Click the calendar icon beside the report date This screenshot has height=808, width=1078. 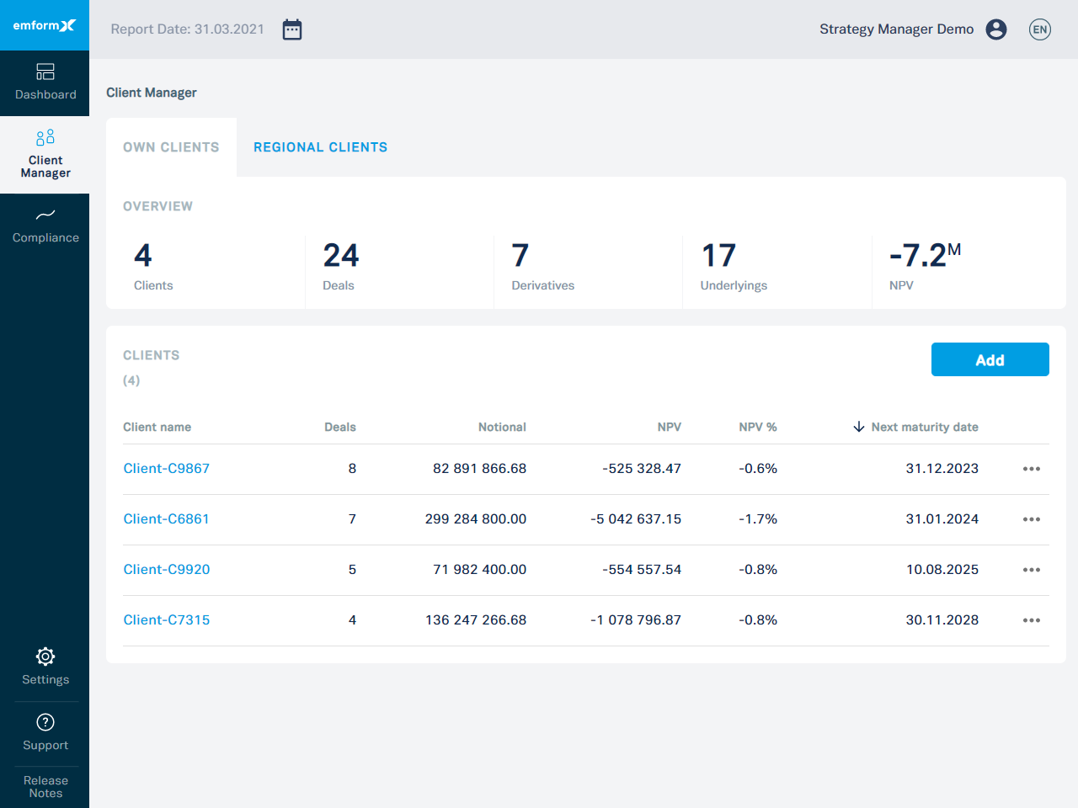click(x=292, y=29)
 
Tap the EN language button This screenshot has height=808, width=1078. click(x=1040, y=29)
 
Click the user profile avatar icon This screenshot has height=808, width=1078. click(x=996, y=29)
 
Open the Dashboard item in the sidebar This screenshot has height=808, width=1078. click(x=45, y=82)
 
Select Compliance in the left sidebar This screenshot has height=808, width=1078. click(x=45, y=226)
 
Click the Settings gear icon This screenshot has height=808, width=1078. click(x=45, y=656)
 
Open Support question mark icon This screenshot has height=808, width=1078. click(x=45, y=722)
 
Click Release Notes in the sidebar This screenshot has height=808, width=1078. click(x=45, y=787)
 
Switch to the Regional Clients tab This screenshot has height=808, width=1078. click(x=320, y=147)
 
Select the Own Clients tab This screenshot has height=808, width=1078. click(x=171, y=147)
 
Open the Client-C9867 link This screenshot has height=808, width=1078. click(x=167, y=469)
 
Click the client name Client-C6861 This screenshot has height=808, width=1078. click(x=167, y=519)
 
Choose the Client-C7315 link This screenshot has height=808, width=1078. click(x=167, y=620)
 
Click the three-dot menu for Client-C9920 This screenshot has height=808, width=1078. click(x=1032, y=570)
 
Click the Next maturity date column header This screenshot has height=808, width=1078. click(x=924, y=428)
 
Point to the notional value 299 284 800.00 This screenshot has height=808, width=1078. click(x=476, y=519)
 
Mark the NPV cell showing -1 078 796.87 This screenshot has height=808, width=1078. click(x=636, y=620)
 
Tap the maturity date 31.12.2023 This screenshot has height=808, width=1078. click(x=942, y=469)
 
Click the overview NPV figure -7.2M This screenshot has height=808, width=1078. click(x=924, y=256)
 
